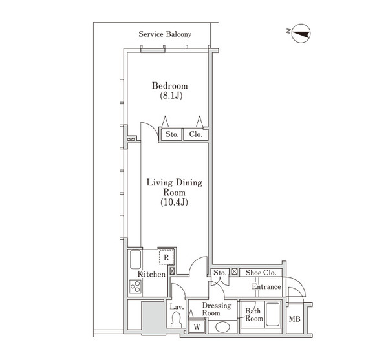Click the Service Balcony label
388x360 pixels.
coord(165,34)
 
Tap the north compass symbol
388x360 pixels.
coord(301,34)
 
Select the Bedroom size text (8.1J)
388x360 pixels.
coord(171,96)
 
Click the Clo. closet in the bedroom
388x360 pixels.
coord(196,134)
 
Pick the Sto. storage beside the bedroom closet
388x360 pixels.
coord(172,134)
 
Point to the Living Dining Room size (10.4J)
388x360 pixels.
coord(174,202)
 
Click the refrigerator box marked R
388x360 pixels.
coord(166,257)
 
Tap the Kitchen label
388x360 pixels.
coord(151,274)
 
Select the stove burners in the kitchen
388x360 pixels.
coord(135,286)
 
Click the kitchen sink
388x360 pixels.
coord(135,259)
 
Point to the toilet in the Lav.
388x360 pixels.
coord(176,319)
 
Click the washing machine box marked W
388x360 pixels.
coord(197,326)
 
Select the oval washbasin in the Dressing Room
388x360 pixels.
coord(222,327)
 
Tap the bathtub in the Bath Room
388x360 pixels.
coord(272,314)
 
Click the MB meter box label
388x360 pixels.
coord(295,319)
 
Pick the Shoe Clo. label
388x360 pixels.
coord(261,273)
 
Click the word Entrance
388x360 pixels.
coord(266,286)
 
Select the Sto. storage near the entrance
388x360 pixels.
coord(220,273)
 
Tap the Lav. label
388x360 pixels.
coord(177,307)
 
